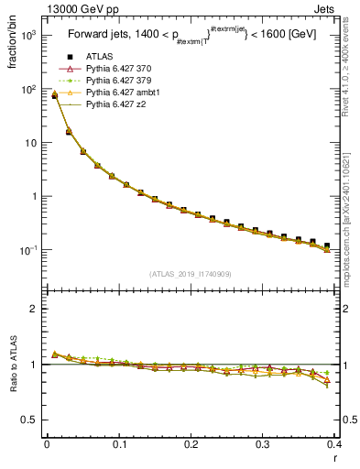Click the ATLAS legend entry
(98, 58)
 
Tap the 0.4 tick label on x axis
(335, 444)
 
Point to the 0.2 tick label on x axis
(191, 444)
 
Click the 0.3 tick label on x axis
(263, 444)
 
